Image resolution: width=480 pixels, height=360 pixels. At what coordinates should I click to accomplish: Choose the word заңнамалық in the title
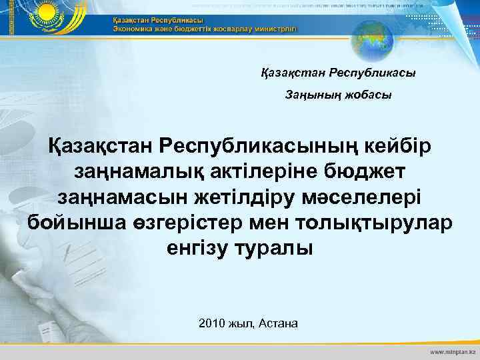128,171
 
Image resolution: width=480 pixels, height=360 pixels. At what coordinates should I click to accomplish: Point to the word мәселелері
367,197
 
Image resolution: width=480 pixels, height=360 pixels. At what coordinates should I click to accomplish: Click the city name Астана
277,323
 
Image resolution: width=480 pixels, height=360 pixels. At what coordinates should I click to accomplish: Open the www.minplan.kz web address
451,351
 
